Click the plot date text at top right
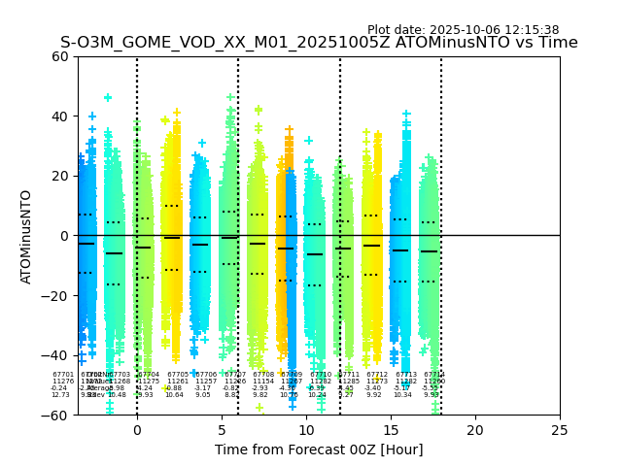463,30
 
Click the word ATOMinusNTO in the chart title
436,43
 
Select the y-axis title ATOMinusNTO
26,236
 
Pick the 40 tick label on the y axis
60,116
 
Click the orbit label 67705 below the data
178,375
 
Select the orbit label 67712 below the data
377,375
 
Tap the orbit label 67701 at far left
63,375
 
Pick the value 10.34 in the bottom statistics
403,395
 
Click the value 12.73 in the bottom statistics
60,395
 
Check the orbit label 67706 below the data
206,375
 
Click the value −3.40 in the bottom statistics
373,388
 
